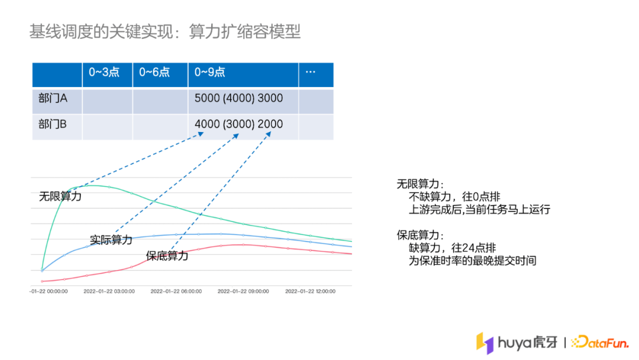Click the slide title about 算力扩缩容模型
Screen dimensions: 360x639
click(165, 31)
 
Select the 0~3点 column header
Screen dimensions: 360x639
click(104, 72)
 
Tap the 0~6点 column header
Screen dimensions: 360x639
click(154, 72)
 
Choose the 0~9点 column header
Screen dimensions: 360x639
click(210, 72)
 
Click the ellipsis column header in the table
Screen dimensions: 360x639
click(310, 72)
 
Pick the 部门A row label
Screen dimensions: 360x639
click(53, 98)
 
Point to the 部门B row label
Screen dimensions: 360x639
click(53, 124)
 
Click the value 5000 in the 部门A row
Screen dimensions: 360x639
click(207, 98)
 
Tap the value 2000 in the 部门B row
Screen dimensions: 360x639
click(270, 124)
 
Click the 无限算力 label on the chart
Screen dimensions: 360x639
click(60, 196)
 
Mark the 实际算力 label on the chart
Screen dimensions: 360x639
click(111, 240)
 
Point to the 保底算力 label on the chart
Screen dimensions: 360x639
click(167, 256)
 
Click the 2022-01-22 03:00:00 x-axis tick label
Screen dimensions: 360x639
click(109, 291)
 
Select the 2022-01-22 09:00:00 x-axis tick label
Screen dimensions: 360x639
click(243, 291)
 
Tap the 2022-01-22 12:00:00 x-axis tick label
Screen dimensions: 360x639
click(310, 291)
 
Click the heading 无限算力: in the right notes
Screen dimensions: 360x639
click(421, 184)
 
